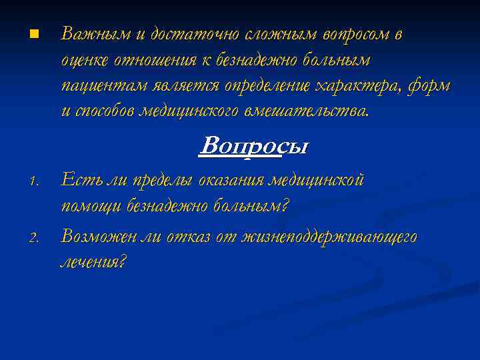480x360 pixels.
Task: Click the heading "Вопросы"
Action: click(254, 146)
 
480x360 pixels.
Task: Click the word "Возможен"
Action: click(99, 235)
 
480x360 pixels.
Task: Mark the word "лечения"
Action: click(92, 262)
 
